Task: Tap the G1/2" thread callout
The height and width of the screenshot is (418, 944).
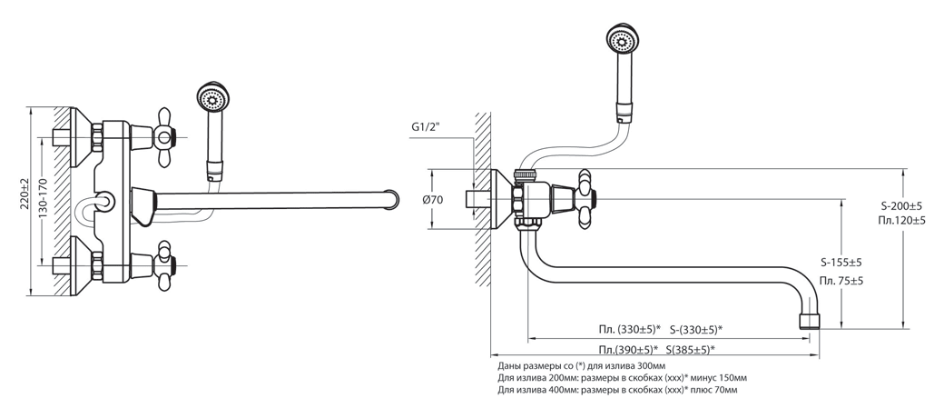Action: pos(426,127)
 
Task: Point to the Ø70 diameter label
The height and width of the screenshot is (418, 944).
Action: pos(434,200)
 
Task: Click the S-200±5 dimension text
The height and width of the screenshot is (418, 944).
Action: pos(900,206)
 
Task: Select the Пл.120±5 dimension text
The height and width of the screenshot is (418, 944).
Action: pos(901,221)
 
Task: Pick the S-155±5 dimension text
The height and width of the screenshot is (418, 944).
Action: pos(841,264)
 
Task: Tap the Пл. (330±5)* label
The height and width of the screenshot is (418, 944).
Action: pos(630,330)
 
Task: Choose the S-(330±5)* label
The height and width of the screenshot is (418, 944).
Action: pos(696,330)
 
